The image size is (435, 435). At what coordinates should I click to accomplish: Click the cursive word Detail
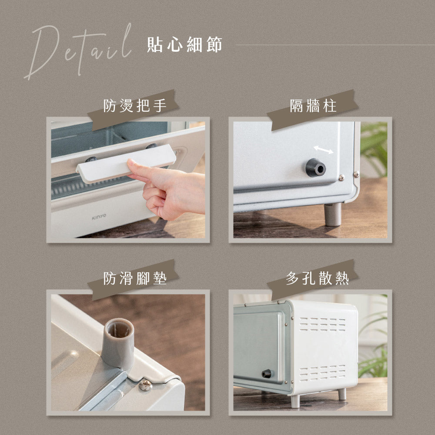click(x=78, y=50)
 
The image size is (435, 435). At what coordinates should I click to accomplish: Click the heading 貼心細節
click(x=184, y=45)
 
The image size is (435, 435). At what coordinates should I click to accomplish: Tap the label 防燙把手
click(x=135, y=106)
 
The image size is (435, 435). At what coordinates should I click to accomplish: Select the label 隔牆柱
click(x=313, y=106)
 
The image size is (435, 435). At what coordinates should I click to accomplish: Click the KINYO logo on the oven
click(x=99, y=216)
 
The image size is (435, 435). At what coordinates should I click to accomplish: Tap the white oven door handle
click(x=126, y=163)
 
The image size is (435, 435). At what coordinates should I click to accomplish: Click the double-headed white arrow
click(x=324, y=150)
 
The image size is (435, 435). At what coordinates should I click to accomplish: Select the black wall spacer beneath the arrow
click(x=315, y=167)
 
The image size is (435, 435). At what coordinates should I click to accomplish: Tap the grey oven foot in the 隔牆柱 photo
click(x=333, y=214)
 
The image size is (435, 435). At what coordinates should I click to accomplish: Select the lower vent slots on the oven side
click(x=322, y=373)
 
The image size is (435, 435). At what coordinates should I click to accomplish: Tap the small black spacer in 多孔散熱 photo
click(x=266, y=373)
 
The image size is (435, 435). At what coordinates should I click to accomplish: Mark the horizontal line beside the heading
click(x=335, y=45)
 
